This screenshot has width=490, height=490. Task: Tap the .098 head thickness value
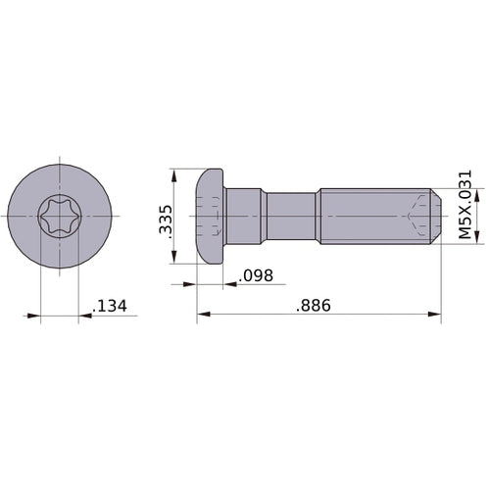click(x=255, y=275)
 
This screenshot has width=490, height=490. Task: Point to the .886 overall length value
click(x=314, y=306)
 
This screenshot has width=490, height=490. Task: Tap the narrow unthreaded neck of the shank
click(x=292, y=216)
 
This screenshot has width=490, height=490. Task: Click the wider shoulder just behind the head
click(x=245, y=216)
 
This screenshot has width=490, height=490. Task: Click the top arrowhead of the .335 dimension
click(x=174, y=174)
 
